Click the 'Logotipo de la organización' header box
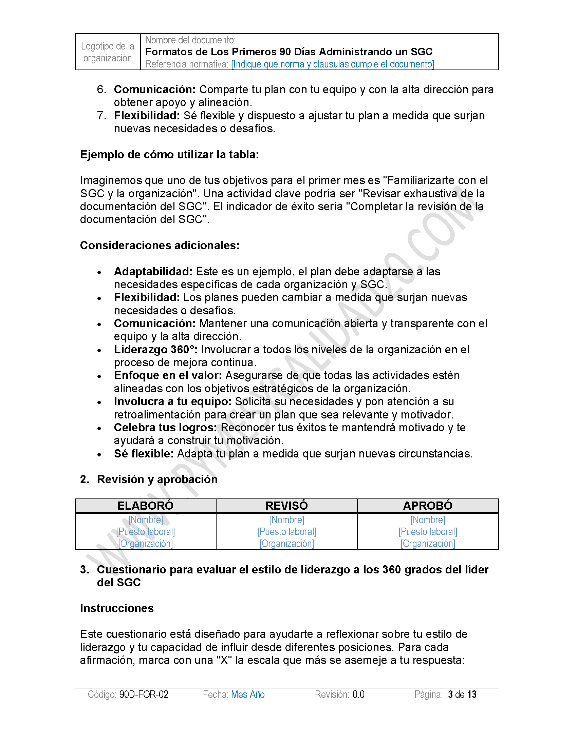point(108,52)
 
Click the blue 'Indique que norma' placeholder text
point(332,64)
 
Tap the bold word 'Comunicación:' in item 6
point(154,90)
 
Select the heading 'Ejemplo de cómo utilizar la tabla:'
point(170,155)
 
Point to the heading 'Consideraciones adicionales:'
point(160,245)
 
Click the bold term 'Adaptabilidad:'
point(153,272)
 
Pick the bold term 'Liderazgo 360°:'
point(155,349)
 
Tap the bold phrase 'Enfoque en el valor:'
point(168,375)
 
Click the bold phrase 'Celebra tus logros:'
point(165,428)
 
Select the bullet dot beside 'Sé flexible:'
point(99,455)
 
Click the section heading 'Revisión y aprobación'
point(157,479)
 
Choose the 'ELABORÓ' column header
point(145,506)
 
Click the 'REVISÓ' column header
point(286,506)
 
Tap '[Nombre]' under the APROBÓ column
point(428,520)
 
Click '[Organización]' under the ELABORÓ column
point(145,544)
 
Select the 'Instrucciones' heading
point(116,608)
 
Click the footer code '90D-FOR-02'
point(144,694)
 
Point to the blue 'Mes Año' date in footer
point(248,694)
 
